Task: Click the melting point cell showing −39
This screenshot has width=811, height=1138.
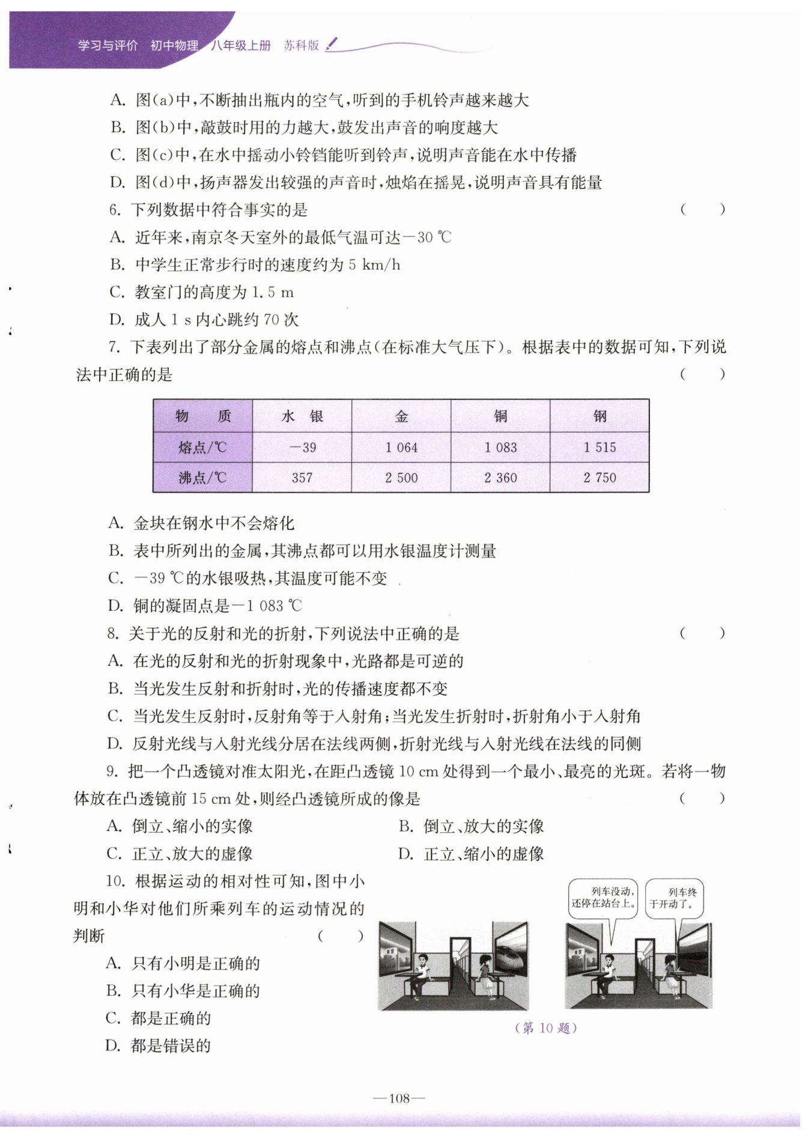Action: (302, 448)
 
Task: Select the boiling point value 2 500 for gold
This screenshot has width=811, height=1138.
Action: (401, 478)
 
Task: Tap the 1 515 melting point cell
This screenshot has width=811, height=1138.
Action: (600, 448)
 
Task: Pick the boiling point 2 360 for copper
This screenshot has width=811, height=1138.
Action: (500, 478)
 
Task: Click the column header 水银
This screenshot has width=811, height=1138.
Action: (302, 416)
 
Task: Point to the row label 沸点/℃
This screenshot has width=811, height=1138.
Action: (202, 478)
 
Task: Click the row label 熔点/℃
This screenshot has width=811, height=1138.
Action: (202, 448)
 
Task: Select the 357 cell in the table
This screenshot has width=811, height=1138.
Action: (302, 478)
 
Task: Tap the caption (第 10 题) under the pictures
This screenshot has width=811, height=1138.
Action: (546, 1028)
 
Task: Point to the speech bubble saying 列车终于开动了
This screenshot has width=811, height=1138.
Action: (673, 898)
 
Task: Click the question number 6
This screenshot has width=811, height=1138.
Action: (115, 210)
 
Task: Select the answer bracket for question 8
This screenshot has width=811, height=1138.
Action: (702, 633)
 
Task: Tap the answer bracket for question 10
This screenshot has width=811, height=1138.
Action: (341, 936)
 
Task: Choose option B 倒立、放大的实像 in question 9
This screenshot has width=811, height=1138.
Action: (472, 827)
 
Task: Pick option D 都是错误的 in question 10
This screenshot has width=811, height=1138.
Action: (159, 1046)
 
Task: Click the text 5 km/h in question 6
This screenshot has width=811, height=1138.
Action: (374, 265)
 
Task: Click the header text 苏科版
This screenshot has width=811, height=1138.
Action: (301, 45)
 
